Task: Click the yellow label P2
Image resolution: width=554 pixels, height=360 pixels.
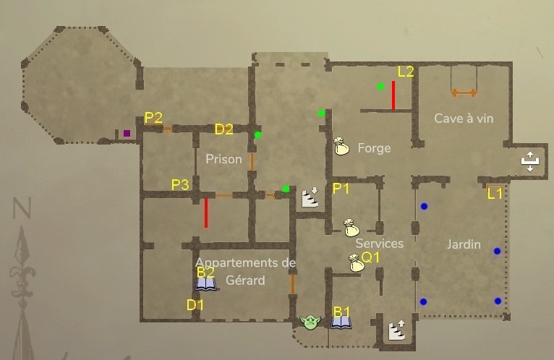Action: point(153,118)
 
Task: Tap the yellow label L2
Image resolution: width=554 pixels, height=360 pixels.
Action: point(406,72)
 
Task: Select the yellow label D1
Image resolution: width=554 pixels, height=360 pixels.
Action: point(195,305)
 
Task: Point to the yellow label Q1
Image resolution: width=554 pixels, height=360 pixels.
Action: point(370,257)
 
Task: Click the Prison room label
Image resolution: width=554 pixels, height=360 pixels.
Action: point(223,159)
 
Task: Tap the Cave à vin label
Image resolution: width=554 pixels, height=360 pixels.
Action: point(464,118)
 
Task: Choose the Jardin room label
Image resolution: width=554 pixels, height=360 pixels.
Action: point(464,244)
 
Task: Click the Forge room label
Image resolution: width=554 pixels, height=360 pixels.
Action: point(374,148)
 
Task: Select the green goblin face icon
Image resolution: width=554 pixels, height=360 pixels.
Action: point(310,322)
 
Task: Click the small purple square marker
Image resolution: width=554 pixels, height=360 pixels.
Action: point(127,133)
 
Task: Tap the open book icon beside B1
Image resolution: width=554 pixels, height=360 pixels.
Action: point(341,322)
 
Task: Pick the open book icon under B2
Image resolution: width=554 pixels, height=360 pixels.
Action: point(206,284)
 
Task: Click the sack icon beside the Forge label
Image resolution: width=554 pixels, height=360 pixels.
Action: point(342,146)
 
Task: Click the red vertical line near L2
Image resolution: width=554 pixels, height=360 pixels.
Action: point(393,95)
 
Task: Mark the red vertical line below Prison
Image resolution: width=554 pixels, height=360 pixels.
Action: point(206,213)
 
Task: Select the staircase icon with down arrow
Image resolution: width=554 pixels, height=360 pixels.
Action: point(310,197)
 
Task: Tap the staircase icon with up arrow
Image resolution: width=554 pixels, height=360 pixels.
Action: point(397,330)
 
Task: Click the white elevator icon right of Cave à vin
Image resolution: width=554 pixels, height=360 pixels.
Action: point(530,162)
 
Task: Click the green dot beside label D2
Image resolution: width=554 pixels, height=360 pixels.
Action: point(257,134)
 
